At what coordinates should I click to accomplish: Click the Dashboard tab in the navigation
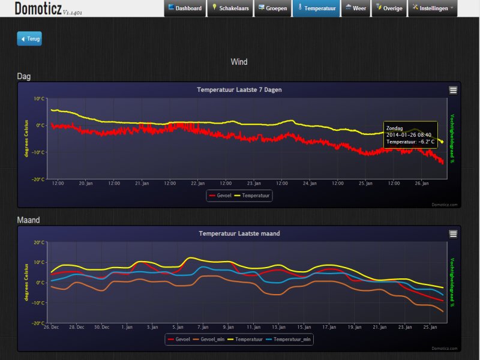tap(185, 8)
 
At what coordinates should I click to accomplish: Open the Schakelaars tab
tap(230, 8)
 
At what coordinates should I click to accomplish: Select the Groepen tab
tap(272, 8)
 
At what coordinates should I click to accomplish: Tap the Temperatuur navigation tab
tap(316, 8)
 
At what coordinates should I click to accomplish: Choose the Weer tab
tap(356, 8)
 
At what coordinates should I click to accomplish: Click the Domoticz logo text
tap(37, 8)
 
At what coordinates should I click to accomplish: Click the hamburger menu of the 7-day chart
tap(453, 90)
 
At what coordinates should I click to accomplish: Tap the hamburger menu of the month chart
tap(453, 233)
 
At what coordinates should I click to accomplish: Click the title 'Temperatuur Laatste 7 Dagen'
tap(239, 90)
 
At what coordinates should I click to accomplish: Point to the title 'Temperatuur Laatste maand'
tap(239, 233)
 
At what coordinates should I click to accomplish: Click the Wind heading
tap(239, 62)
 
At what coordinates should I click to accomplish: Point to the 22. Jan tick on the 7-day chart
tap(197, 183)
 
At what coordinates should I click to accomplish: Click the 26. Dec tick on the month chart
tap(51, 327)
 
